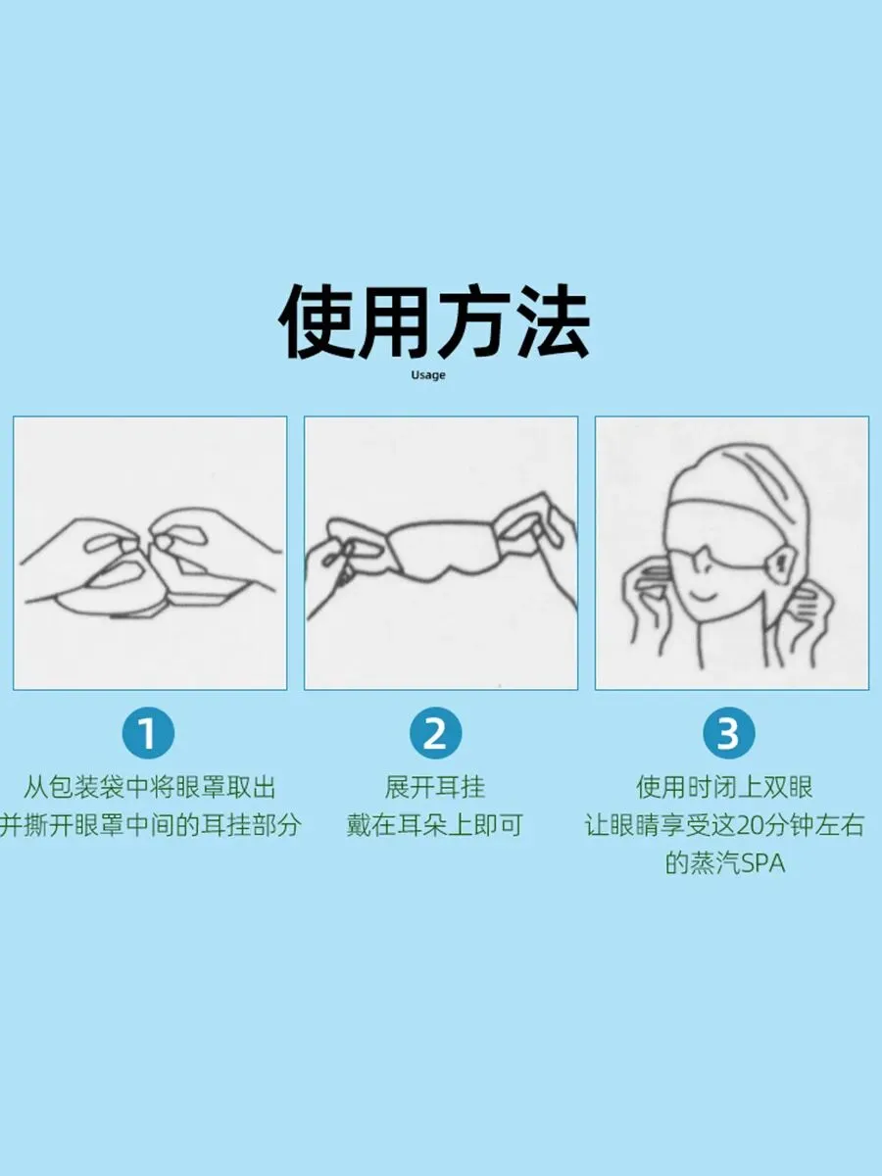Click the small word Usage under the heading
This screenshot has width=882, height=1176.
tap(428, 375)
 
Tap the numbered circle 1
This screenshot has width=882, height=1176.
tap(148, 733)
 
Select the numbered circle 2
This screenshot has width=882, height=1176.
tap(435, 733)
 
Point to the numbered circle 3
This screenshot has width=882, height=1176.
tap(729, 733)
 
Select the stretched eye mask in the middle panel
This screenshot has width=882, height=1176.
tap(445, 549)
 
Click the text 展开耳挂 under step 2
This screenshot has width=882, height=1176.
tap(435, 787)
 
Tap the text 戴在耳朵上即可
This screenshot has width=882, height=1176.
tap(434, 825)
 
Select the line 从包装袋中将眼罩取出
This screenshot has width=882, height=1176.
tap(149, 787)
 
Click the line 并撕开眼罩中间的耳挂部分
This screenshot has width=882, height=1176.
tap(150, 825)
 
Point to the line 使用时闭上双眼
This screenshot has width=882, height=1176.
tap(724, 787)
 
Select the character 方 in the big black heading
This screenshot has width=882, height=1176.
tap(472, 322)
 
